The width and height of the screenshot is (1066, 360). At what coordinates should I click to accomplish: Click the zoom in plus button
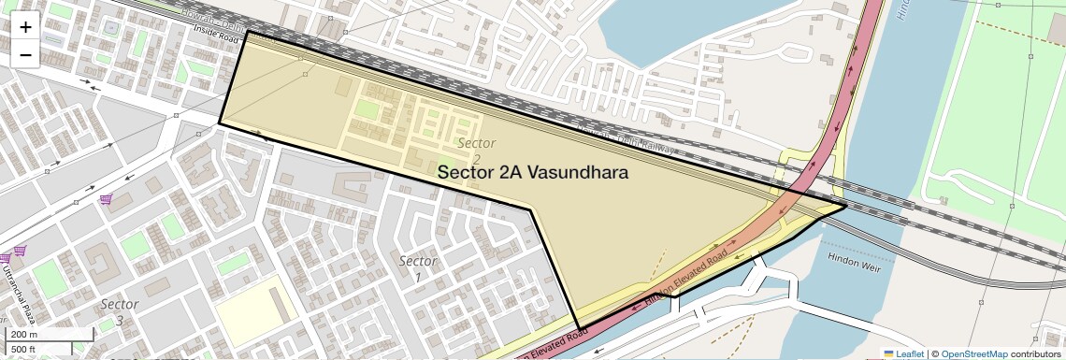[x=25, y=27]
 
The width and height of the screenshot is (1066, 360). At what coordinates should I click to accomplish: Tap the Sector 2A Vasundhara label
[x=532, y=172]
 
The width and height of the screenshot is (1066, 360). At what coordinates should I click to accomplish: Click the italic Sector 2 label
[x=475, y=151]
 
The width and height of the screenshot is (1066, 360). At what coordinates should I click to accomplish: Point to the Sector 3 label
[x=120, y=311]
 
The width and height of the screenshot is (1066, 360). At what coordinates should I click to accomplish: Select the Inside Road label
[x=218, y=31]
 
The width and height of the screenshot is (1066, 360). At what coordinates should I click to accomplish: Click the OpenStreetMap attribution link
[x=973, y=353]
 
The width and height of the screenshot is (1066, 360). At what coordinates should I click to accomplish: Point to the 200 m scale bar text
[x=22, y=335]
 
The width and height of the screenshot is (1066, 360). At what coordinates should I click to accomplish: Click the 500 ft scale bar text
[x=23, y=349]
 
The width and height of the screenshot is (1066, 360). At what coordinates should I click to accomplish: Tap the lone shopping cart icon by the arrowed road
[x=106, y=199]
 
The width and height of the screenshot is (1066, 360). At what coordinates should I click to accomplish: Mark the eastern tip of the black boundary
[x=845, y=206]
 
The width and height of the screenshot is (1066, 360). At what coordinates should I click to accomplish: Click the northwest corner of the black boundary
[x=248, y=32]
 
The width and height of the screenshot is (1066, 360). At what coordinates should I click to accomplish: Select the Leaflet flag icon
[x=888, y=353]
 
